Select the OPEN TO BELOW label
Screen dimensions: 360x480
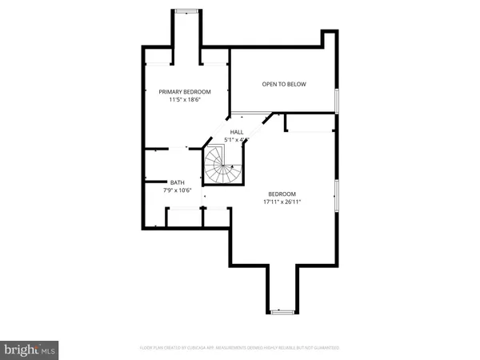[284, 84]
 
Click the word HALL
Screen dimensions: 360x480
[237, 132]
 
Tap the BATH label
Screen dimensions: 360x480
[155, 182]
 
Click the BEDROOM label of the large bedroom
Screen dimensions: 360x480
[282, 194]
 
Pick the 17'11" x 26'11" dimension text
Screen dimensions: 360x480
[282, 202]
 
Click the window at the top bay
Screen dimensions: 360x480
[186, 11]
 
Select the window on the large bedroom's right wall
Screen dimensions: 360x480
[337, 195]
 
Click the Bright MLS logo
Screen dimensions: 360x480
[30, 349]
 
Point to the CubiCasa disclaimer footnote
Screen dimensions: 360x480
[239, 348]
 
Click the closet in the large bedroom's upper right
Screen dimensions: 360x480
[308, 122]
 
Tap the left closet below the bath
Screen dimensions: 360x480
[183, 217]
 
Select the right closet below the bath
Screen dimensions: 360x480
[216, 217]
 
